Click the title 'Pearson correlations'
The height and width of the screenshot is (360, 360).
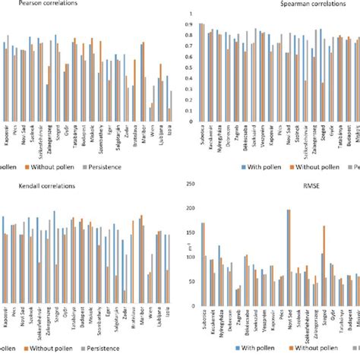pos(32,4)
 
